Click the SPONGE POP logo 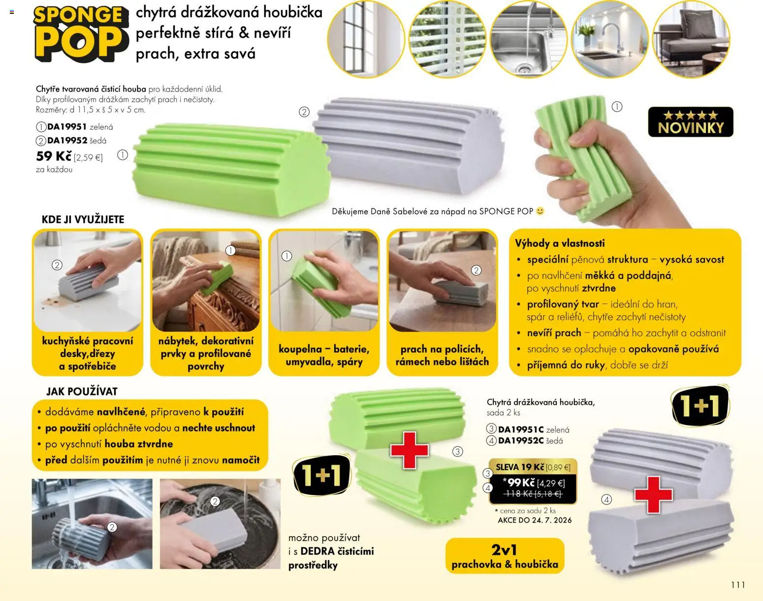click(81, 34)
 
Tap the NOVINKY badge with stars click(690, 122)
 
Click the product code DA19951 click(66, 127)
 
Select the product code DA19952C click(520, 440)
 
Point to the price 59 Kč click(54, 156)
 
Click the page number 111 click(738, 585)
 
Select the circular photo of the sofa click(691, 39)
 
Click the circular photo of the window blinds click(447, 39)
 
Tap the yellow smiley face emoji click(540, 211)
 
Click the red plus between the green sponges click(410, 450)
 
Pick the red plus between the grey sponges click(653, 495)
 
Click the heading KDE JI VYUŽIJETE click(83, 220)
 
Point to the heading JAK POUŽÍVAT click(82, 391)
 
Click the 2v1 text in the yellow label click(504, 550)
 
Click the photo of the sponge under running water click(92, 524)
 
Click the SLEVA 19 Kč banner click(533, 467)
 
